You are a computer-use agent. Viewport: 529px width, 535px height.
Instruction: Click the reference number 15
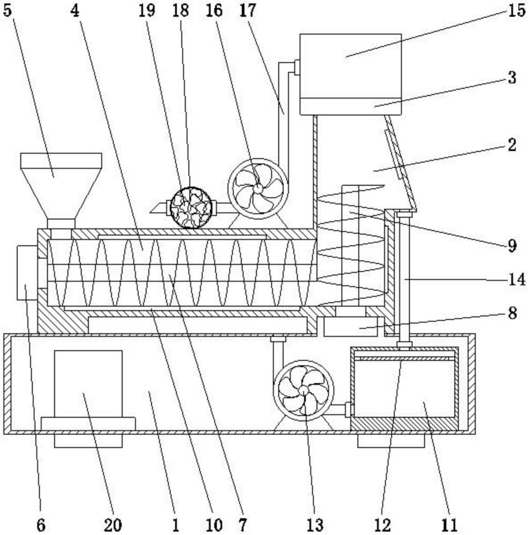click(x=516, y=10)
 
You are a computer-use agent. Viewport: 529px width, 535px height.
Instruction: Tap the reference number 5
click(x=7, y=10)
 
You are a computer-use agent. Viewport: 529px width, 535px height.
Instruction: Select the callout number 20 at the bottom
click(x=112, y=524)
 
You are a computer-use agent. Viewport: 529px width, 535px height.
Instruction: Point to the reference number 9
click(x=511, y=245)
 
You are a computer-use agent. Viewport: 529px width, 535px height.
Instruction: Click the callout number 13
click(x=315, y=524)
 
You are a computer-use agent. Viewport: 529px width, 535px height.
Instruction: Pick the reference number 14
click(x=516, y=280)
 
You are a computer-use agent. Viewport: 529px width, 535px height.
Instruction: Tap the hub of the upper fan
click(x=258, y=188)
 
